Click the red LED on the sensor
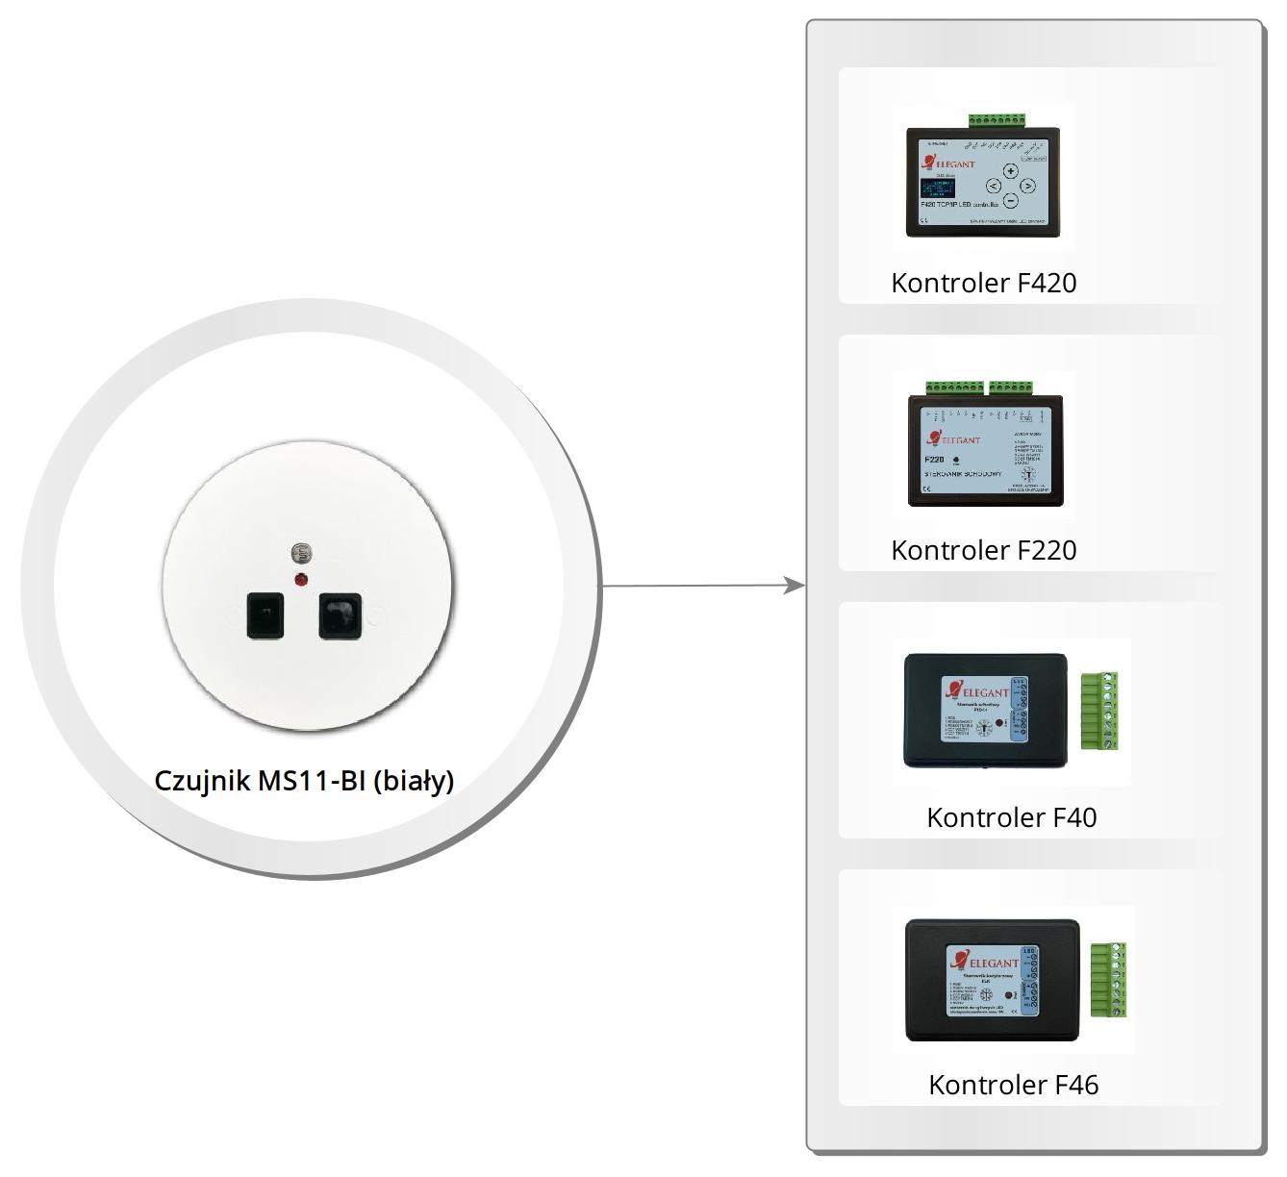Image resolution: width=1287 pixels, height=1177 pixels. click(x=301, y=579)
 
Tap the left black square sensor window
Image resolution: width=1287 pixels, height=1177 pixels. click(x=265, y=615)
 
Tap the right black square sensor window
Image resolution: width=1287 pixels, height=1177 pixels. click(x=340, y=615)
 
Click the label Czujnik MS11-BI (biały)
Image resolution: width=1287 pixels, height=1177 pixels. click(x=304, y=780)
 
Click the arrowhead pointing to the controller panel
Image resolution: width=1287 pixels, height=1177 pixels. click(x=795, y=585)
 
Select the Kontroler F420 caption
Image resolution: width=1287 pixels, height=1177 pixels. click(x=983, y=283)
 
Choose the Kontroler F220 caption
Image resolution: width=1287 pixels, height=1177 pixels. click(x=983, y=550)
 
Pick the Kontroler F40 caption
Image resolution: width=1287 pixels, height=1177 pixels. click(x=1011, y=817)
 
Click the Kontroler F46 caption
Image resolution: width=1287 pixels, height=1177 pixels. click(x=1013, y=1085)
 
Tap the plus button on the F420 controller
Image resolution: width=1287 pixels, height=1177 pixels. click(x=1011, y=171)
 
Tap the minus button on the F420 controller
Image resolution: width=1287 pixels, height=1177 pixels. click(x=1011, y=201)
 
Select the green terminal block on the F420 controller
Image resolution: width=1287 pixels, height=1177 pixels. click(x=997, y=120)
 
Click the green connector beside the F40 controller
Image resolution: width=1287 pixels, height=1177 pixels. click(x=1098, y=711)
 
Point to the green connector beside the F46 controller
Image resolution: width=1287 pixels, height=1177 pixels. click(x=1107, y=980)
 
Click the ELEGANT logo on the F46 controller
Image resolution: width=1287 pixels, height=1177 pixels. click(x=985, y=962)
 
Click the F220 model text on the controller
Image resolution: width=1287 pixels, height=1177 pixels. click(x=934, y=460)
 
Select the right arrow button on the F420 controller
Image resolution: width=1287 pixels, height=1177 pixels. click(x=1028, y=186)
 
